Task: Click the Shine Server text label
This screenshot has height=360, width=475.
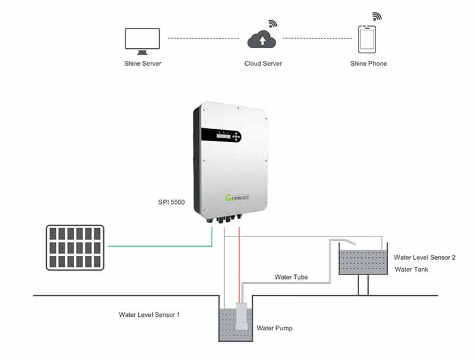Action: [x=142, y=64]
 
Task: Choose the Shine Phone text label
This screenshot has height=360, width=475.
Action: [x=369, y=64]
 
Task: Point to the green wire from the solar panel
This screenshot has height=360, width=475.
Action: [x=158, y=245]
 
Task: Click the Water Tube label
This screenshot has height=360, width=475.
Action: [x=292, y=277]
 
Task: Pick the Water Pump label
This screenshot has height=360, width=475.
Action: [x=274, y=328]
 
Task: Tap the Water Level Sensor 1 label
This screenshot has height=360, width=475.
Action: [x=149, y=314]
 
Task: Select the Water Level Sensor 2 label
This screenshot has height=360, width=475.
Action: [x=424, y=258]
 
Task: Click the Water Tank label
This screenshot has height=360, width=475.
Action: [x=411, y=269]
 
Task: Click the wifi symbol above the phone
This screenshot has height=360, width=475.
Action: [x=377, y=16]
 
